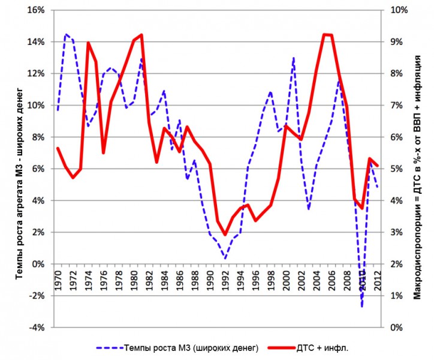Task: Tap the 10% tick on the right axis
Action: (x=399, y=10)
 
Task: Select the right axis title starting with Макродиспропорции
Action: (x=418, y=169)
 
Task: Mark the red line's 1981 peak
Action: (x=141, y=35)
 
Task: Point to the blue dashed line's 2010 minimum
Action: (x=362, y=306)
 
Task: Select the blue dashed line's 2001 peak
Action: (x=294, y=58)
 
